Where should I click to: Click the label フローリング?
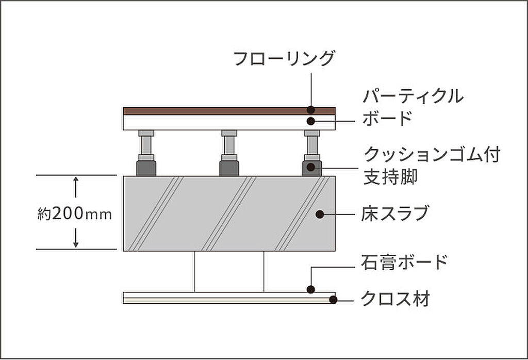point(284,58)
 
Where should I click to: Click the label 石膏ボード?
point(404,262)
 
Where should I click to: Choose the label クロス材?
point(395,299)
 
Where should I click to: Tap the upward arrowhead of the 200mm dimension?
point(76,180)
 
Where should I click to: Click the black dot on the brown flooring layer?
point(311,109)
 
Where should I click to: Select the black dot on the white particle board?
point(311,121)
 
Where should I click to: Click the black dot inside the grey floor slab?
point(320,214)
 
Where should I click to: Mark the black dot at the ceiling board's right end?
point(333,299)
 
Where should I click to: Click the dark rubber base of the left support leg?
point(146,168)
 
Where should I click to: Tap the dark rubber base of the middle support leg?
point(229,168)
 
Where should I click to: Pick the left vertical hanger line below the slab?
point(194,271)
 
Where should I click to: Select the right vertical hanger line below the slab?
point(264,271)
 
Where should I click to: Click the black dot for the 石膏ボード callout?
point(311,289)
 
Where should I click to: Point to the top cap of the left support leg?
point(146,133)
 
